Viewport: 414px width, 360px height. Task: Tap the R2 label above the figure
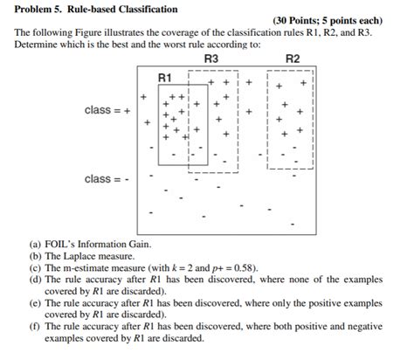coord(293,59)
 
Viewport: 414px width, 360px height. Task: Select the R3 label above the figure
coord(210,59)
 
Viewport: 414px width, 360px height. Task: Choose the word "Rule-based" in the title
coord(95,8)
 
